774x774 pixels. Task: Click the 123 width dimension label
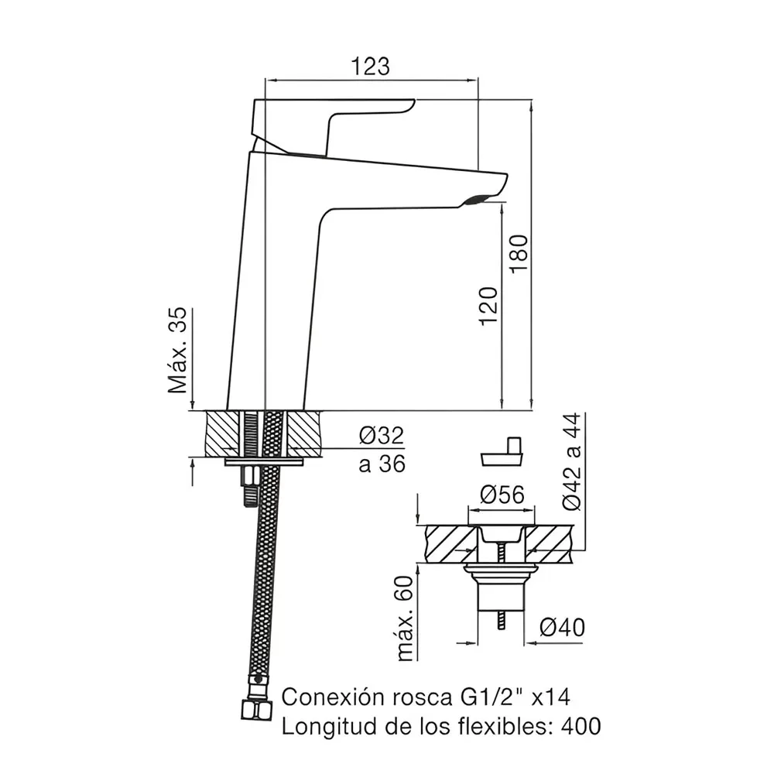[x=370, y=66]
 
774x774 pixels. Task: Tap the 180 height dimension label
[x=519, y=255]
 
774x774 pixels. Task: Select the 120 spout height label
[x=488, y=306]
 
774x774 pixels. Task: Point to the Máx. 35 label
[x=177, y=350]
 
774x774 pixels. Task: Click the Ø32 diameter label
[x=382, y=435]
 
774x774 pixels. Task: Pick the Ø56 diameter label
[x=502, y=494]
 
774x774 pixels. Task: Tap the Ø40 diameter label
[x=562, y=628]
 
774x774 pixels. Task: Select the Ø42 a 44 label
[x=572, y=461]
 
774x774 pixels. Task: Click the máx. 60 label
[x=404, y=618]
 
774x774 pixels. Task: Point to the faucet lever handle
[x=333, y=123]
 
